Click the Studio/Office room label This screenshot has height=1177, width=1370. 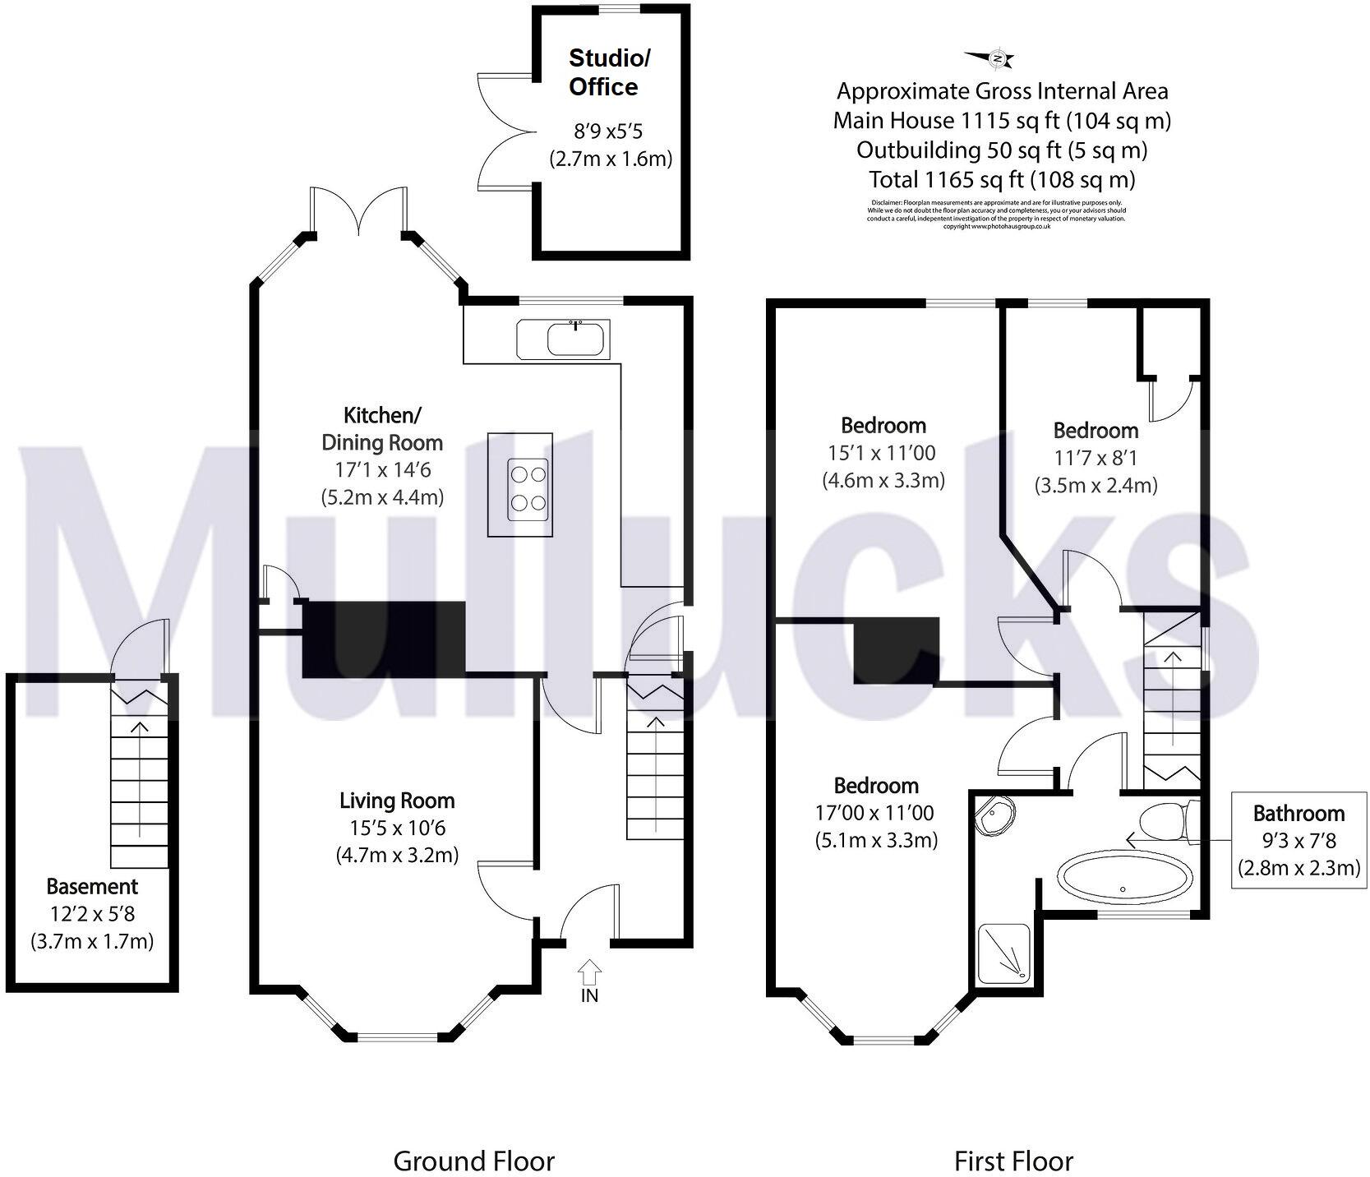point(609,72)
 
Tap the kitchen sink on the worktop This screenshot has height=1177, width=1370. point(562,339)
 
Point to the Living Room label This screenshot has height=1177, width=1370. point(397,801)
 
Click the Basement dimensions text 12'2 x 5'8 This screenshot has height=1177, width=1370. point(92,914)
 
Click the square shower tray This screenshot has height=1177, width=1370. point(1004,953)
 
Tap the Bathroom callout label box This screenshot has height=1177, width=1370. point(1298,839)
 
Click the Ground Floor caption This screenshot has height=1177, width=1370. point(473,1138)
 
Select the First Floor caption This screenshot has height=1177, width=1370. point(1013,1138)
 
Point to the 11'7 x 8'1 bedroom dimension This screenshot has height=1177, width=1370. point(1096,458)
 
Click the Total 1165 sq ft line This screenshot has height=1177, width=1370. point(1002,179)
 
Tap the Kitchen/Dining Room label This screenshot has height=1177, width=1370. point(382,428)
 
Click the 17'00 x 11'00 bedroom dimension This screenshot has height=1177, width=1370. point(874,813)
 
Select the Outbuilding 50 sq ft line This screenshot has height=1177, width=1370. point(1002,150)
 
